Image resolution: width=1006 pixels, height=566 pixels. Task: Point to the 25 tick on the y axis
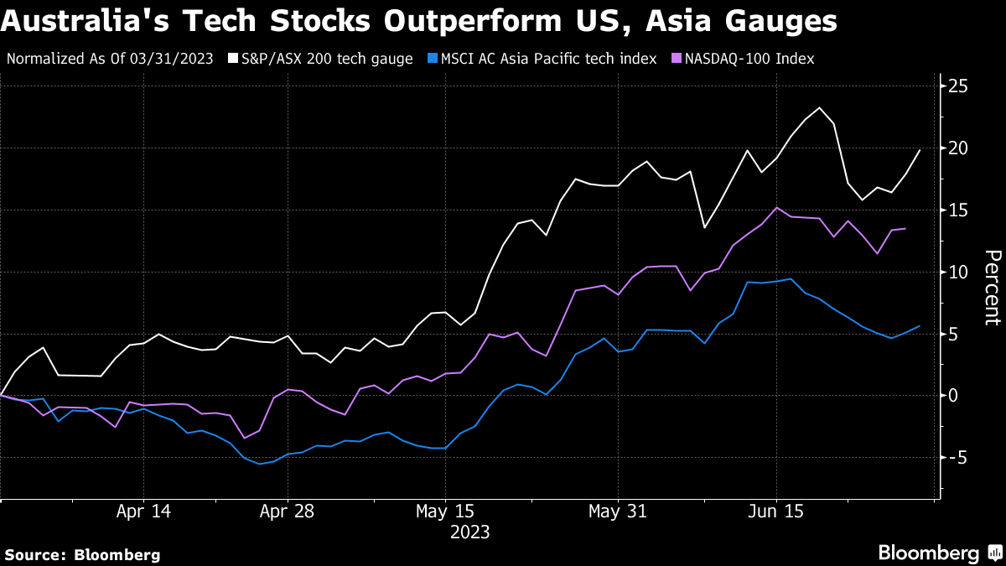959,86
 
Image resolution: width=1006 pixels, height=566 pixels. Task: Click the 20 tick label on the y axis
959,148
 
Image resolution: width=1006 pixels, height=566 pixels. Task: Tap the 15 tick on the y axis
959,210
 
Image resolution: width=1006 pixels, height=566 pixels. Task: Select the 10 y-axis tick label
959,273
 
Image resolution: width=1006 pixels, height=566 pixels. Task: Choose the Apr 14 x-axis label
143,511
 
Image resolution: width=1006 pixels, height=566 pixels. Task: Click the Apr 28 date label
287,511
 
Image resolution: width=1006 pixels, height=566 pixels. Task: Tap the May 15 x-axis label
445,511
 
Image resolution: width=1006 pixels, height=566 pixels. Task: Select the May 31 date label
617,511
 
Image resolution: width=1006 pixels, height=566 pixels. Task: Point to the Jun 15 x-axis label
775,511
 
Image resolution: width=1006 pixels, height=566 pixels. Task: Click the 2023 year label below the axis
469,532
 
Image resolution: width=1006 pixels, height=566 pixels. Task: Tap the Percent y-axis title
992,287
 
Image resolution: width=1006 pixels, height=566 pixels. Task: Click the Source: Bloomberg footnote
82,554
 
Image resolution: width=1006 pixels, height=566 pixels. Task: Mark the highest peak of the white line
819,107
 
